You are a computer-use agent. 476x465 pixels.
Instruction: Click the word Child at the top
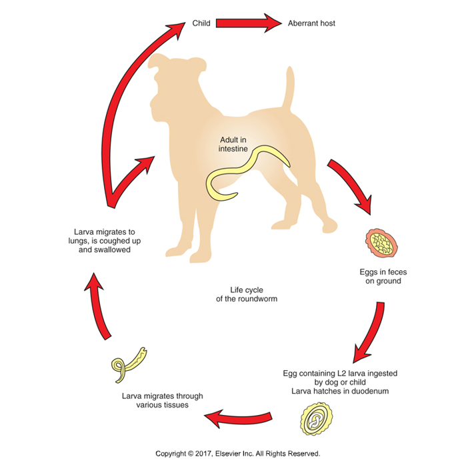201,23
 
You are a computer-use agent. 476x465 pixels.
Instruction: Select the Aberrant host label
311,23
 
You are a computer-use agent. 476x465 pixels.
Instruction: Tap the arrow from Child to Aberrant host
249,23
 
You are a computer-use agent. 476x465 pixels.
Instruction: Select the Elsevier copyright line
238,454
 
